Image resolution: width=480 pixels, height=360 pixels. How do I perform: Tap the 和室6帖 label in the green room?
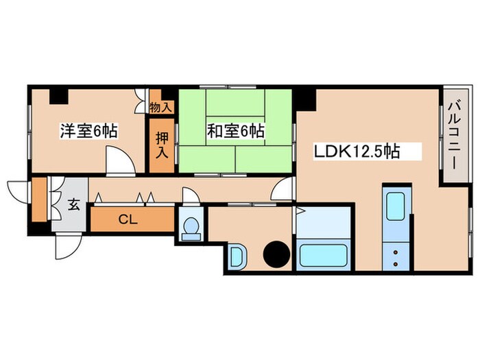(x=235, y=130)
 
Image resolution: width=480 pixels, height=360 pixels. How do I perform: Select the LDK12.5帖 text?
(x=357, y=149)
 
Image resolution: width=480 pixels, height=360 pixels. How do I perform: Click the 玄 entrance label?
(x=72, y=204)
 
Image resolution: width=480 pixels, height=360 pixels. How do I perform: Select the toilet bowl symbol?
(x=191, y=226)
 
